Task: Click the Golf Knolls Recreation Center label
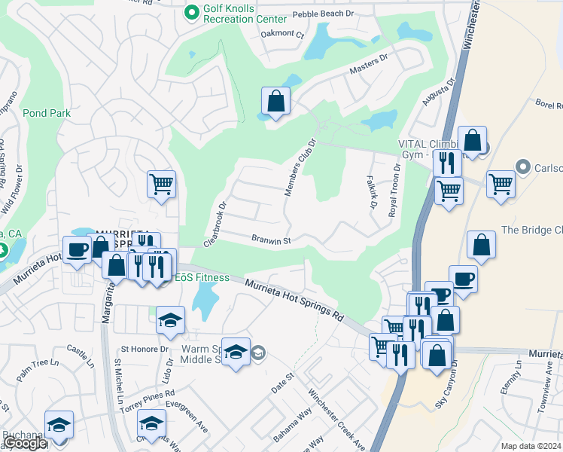pos(245,13)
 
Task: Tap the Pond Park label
pos(47,113)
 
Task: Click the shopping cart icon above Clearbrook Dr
pos(162,183)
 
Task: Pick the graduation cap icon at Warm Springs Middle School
pos(236,352)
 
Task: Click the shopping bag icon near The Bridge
pos(481,244)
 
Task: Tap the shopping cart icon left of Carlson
pos(501,183)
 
